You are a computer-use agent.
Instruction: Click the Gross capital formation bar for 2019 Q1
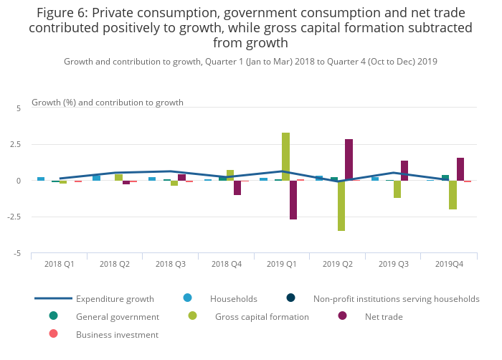pos(285,156)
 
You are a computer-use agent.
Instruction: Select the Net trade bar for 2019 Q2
pos(349,160)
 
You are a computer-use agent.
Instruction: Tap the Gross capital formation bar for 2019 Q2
pos(341,206)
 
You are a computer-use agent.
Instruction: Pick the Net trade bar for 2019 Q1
pos(293,200)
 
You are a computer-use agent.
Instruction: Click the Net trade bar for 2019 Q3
pos(404,171)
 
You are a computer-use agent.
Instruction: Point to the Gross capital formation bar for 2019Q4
pos(453,195)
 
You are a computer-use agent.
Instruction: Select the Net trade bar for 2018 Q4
pos(237,188)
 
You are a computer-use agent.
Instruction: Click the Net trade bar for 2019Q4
pos(460,169)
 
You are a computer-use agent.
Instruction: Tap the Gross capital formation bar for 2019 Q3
pos(397,189)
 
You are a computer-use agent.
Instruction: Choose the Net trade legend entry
pos(383,316)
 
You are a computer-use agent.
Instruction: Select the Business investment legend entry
pos(116,334)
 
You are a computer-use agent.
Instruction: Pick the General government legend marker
pos(53,316)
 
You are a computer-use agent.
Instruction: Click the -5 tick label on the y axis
pos(18,254)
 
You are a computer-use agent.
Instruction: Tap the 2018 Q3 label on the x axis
pos(171,265)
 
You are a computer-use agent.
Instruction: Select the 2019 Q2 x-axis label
pos(338,265)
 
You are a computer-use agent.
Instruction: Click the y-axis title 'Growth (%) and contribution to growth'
pos(108,103)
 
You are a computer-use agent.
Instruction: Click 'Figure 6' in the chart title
pos(57,13)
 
